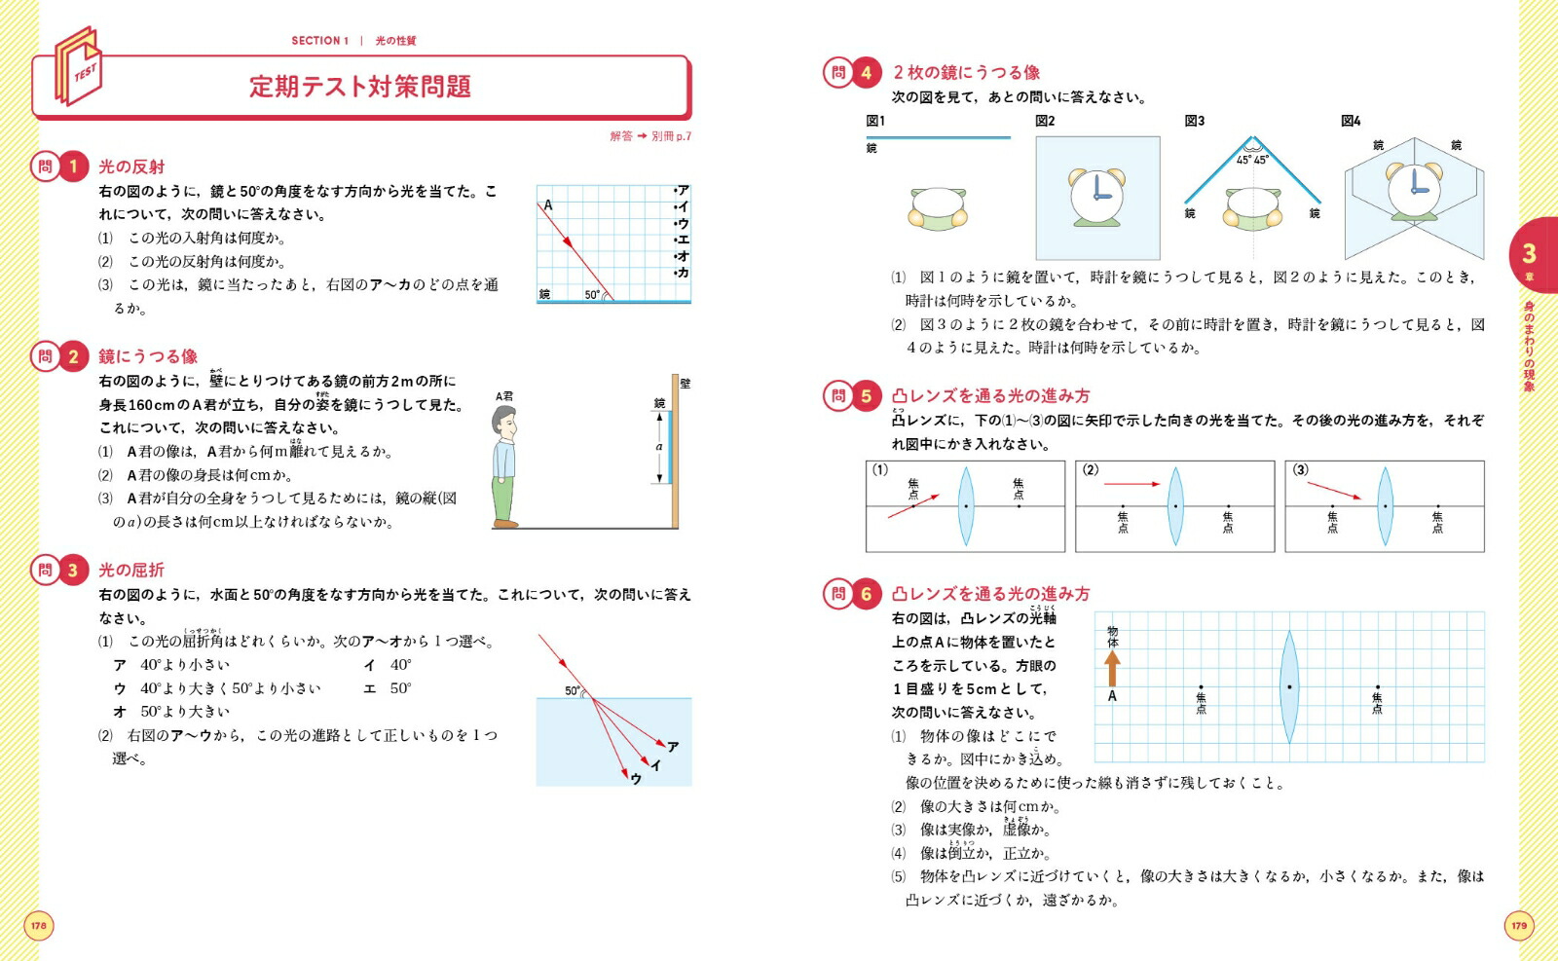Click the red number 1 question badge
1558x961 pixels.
coord(72,166)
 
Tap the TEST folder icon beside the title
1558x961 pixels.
coord(79,68)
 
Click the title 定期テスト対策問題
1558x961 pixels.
coord(360,87)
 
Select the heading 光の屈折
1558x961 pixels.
coord(131,571)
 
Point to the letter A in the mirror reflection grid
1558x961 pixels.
coord(548,205)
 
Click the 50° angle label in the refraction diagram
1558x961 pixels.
coord(573,690)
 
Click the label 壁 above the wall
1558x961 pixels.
coord(685,384)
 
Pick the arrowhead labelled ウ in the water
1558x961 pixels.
coord(626,775)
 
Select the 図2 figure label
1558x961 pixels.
coord(1045,121)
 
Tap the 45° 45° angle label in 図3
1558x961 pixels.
coord(1252,160)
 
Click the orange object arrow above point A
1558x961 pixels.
coord(1113,669)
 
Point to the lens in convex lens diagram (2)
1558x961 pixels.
coord(1175,506)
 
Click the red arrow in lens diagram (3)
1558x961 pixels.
coord(1335,490)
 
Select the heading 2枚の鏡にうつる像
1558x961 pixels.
coord(966,72)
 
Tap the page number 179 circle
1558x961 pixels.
coord(1519,926)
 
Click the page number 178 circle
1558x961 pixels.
coord(38,926)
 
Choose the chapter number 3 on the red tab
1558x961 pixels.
coord(1529,254)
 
